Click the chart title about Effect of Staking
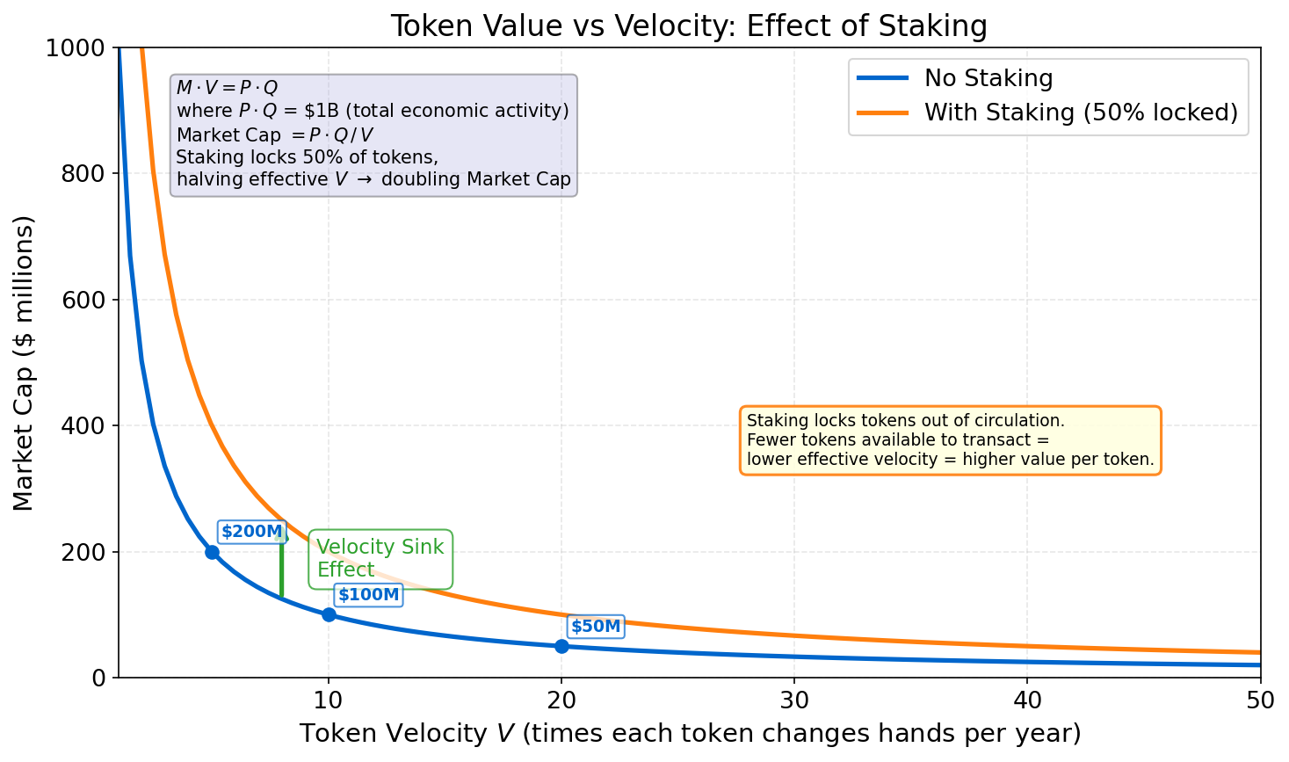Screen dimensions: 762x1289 [688, 25]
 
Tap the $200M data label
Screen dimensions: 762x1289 [252, 532]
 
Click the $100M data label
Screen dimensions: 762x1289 [368, 595]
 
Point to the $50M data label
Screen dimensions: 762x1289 [596, 627]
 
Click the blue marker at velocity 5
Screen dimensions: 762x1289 [212, 552]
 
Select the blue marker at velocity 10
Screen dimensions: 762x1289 [329, 614]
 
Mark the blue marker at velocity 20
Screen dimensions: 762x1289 [561, 646]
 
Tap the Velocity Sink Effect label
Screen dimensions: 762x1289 [380, 558]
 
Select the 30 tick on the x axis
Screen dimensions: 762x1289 [794, 700]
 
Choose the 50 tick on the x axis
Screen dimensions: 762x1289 [1260, 700]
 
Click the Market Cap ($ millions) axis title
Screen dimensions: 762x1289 [24, 362]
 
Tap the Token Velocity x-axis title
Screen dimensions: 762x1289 [690, 733]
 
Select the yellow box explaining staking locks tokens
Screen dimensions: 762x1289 [950, 439]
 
